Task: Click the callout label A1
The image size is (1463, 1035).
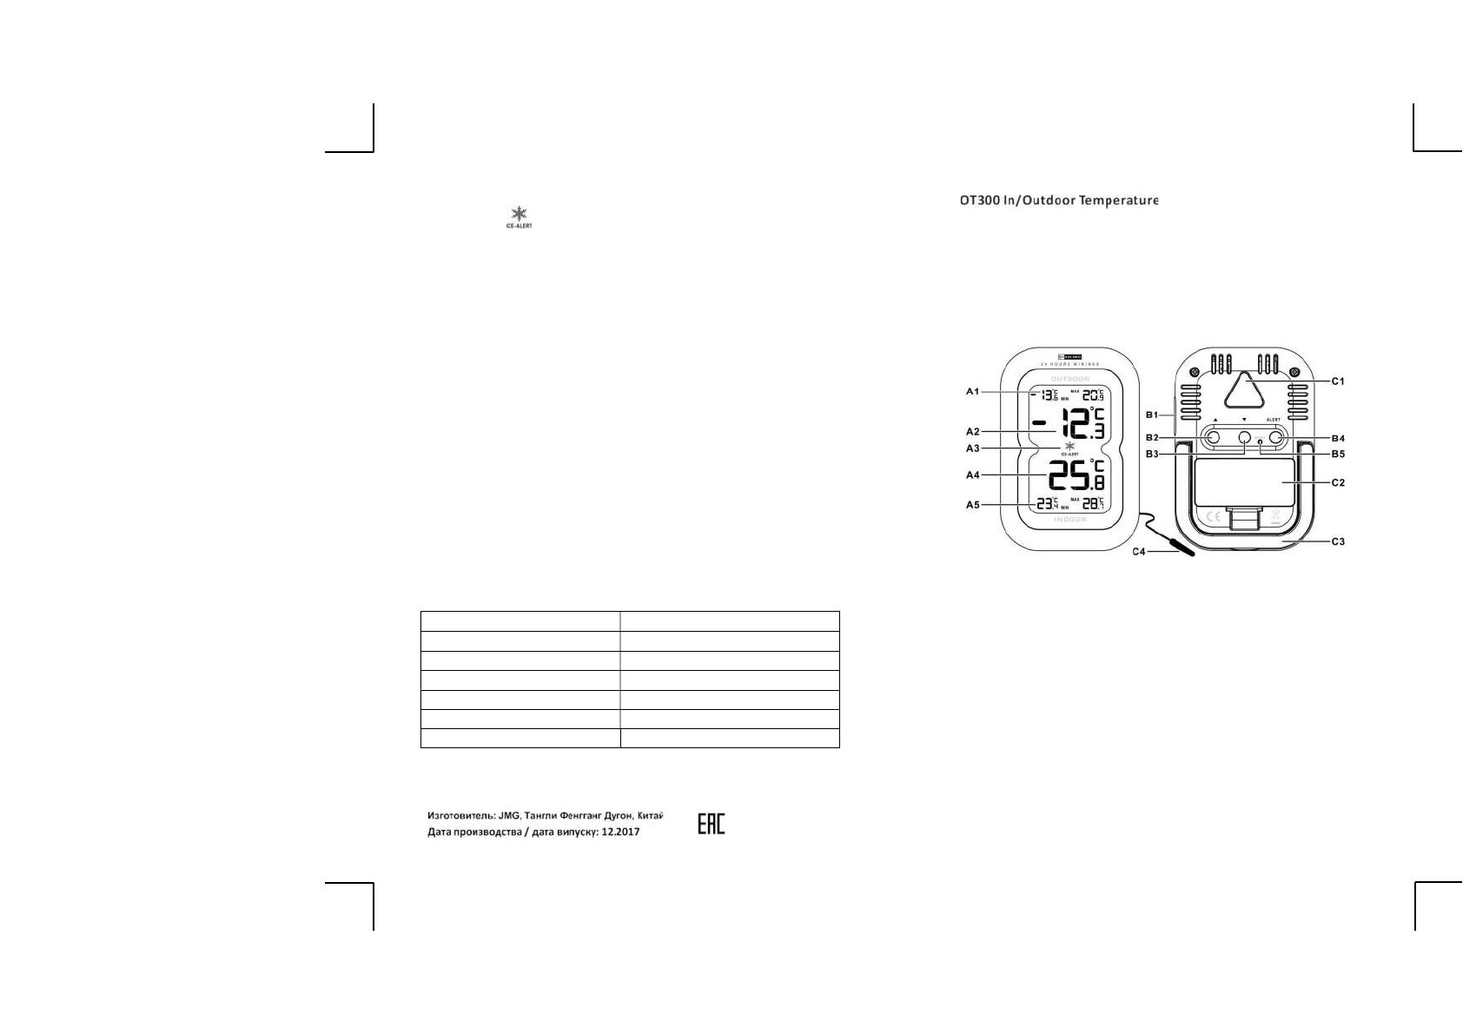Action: coord(972,392)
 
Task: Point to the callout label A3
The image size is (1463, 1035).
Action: coord(972,448)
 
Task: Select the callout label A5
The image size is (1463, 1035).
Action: coord(972,505)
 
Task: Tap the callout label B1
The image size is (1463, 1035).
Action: coord(1153,415)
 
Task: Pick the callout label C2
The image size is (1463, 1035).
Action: coord(1338,482)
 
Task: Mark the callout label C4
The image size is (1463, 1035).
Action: coord(1140,552)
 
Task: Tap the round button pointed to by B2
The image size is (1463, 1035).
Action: coord(1212,440)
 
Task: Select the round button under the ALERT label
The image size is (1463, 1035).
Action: coord(1276,440)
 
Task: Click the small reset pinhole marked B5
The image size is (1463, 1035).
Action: coord(1260,442)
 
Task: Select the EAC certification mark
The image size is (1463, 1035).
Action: coord(711,824)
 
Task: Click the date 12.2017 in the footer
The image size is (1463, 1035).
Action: coord(620,832)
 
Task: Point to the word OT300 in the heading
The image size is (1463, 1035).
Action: coord(976,201)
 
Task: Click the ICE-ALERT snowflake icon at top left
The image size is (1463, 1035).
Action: coord(519,215)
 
